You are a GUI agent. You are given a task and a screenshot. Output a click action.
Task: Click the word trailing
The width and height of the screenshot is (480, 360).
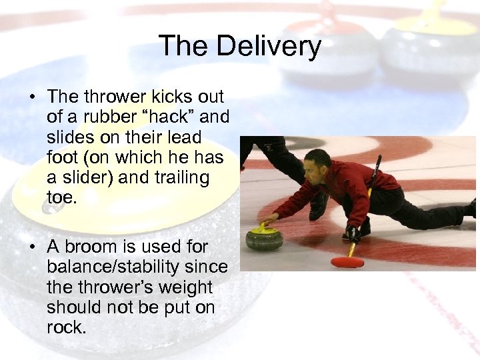pos(177,178)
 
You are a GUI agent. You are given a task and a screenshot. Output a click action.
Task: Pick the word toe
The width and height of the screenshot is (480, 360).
pos(63,198)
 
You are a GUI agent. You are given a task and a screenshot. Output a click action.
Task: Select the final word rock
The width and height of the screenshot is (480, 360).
pos(66,328)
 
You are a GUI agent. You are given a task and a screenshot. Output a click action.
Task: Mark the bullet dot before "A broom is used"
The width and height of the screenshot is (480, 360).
pos(32,247)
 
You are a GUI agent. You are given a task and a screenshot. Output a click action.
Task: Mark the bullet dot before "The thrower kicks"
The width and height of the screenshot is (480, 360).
pos(32,97)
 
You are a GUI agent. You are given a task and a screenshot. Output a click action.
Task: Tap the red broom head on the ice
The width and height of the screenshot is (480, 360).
pos(347,262)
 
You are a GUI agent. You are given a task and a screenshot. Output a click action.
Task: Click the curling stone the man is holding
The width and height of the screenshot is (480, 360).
pos(264,237)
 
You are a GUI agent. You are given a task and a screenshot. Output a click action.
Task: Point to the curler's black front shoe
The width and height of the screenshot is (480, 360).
pos(356,229)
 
